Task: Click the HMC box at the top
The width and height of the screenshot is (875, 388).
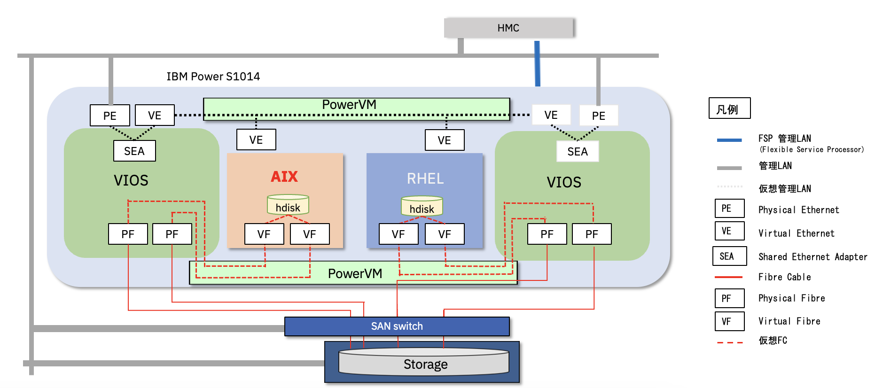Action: (508, 28)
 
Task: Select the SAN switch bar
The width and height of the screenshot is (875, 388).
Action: (397, 326)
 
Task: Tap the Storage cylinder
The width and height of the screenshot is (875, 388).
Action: (425, 364)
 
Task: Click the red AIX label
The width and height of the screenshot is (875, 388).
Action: (284, 177)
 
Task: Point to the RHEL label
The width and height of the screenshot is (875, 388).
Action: (425, 178)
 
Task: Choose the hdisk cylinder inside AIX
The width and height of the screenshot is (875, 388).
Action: (288, 205)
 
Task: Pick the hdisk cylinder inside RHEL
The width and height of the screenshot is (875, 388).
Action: (422, 207)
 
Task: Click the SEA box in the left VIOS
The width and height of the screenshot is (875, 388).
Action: (134, 151)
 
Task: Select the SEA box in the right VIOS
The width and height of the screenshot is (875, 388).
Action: (578, 151)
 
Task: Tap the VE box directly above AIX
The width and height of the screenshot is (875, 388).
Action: (256, 140)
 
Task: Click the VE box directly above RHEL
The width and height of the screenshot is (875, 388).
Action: (444, 140)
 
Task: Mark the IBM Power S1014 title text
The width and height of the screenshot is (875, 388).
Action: (213, 77)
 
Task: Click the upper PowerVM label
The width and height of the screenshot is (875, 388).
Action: (349, 105)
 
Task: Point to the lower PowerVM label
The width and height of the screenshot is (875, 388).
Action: (355, 273)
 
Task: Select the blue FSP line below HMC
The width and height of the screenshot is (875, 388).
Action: (537, 63)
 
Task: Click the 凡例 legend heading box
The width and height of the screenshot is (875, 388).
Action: (729, 109)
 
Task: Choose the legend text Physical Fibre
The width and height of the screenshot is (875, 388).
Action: (791, 298)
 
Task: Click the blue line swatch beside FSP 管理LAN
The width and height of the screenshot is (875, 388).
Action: (729, 140)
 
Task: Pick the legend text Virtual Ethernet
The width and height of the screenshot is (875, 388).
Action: (796, 233)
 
